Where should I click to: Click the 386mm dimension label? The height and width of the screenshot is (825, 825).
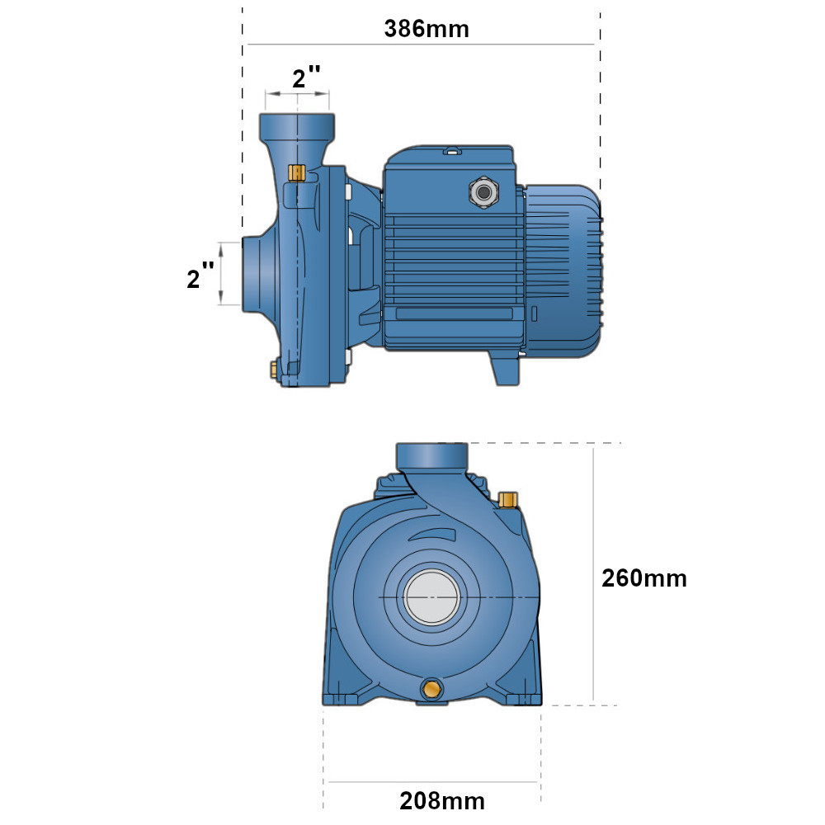point(427,28)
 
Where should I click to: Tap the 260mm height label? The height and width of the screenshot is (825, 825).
point(644,578)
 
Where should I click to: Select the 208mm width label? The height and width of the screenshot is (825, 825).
point(442,801)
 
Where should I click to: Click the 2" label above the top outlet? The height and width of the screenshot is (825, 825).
point(306,77)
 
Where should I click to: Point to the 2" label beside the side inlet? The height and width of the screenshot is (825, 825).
point(200,277)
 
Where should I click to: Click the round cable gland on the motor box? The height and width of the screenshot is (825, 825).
point(484,192)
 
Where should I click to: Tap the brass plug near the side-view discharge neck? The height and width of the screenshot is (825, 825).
point(297,172)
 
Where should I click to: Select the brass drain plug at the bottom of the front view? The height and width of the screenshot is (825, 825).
point(432,689)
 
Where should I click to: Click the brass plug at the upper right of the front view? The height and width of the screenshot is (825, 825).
point(507,499)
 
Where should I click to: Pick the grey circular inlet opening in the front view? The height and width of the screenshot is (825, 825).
point(432,596)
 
